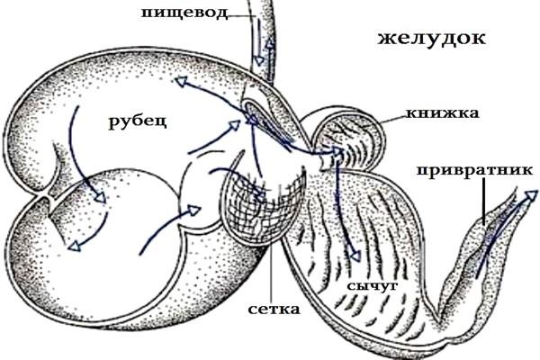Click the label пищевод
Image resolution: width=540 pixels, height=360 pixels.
point(184,13)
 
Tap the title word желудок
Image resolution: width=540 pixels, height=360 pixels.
point(432,39)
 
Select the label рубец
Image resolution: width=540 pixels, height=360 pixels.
point(138,121)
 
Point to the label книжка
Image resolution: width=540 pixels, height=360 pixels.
point(442,113)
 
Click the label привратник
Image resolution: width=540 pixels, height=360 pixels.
point(475,170)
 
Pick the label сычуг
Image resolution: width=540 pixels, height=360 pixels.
point(373,286)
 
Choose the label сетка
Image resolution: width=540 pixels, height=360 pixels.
point(274,309)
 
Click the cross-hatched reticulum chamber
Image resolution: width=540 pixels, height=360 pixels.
point(264,207)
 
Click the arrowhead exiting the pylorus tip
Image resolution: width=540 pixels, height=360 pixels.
point(530,197)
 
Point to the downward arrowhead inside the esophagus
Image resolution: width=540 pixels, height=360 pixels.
point(259,61)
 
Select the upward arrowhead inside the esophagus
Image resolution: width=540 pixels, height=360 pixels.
point(270,43)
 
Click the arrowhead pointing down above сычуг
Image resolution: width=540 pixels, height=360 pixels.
point(355,256)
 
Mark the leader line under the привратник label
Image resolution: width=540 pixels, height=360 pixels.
point(484,202)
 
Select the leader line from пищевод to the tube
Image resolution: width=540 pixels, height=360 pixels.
point(242,16)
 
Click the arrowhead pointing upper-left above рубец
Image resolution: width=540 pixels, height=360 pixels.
point(182,82)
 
